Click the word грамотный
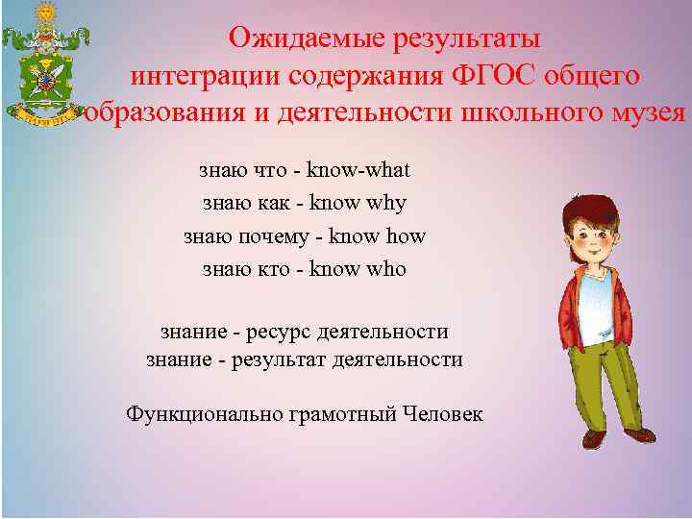click(x=339, y=415)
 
